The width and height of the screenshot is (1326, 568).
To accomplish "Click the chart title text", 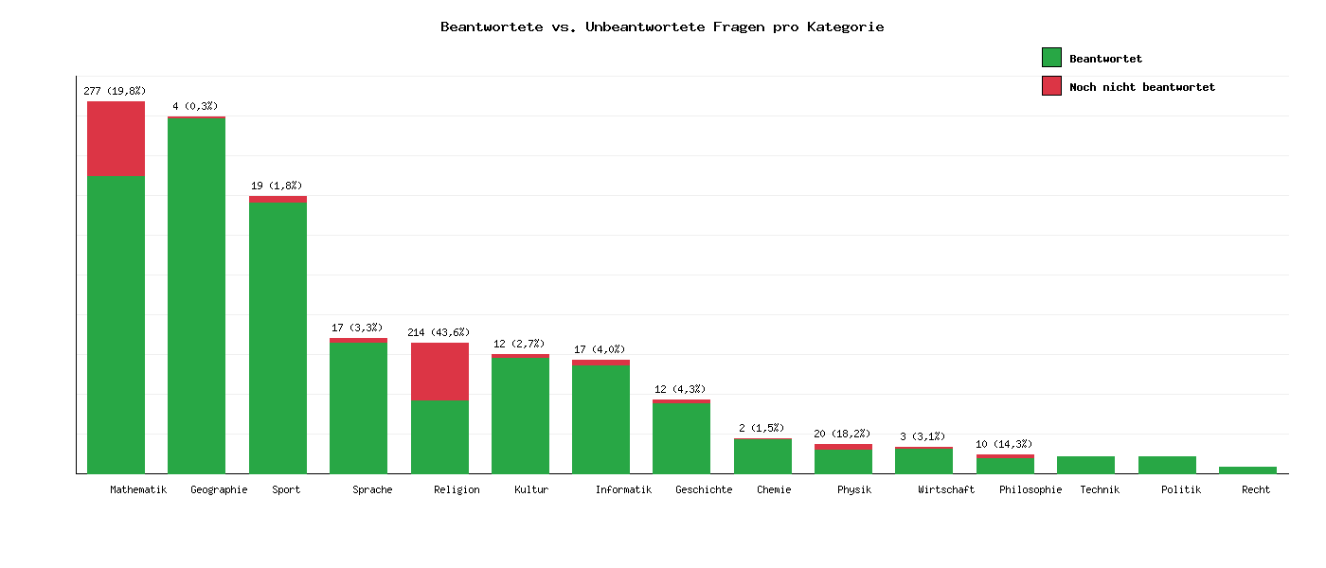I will pos(662,27).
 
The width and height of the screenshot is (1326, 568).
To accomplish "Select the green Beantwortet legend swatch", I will pos(1051,58).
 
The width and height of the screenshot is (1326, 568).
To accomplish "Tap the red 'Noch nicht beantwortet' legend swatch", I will pos(1051,86).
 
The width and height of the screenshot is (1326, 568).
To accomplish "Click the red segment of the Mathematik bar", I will pos(116,138).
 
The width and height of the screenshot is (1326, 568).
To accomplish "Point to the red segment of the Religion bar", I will pos(439,371).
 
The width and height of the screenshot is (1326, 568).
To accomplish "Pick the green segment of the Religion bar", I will pos(439,436).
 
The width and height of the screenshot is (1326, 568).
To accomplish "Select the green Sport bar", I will pos(278,337).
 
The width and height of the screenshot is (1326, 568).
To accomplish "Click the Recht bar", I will pos(1247,470).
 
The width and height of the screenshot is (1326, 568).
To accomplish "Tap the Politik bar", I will pos(1167,465).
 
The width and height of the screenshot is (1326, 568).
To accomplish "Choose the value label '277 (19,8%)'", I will pos(115,91).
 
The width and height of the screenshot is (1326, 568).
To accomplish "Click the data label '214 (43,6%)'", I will pos(439,332).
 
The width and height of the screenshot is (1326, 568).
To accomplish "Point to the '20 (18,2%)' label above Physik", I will pos(843,434).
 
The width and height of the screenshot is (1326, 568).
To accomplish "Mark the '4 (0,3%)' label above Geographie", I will pos(195,106).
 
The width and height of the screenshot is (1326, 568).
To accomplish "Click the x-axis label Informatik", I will pos(623,489).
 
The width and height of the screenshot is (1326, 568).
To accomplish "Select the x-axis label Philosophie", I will pos(1030,489).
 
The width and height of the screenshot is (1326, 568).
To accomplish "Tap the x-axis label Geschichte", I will pos(704,489).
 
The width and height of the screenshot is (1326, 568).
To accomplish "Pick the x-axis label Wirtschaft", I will pos(946,489).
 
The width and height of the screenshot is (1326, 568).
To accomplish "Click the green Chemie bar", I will pos(762,455).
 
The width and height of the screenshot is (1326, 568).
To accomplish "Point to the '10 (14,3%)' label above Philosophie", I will pos(1004,444).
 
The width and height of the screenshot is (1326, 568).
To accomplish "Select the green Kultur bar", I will pos(520,415).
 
